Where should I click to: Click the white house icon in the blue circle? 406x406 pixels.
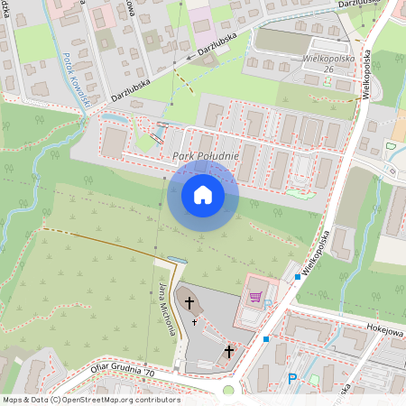pos(203,195)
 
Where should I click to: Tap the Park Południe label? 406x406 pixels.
pos(206,157)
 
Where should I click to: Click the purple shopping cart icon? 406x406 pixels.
pos(255,295)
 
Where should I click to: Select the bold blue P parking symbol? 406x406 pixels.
pos(291,379)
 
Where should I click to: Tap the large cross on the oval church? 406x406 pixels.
pos(189,301)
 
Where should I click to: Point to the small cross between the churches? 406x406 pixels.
pos(194,321)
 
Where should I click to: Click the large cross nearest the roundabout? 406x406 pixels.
pos(228,350)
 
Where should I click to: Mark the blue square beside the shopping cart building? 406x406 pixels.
pos(298,276)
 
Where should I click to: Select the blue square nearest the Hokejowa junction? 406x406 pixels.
pos(266,339)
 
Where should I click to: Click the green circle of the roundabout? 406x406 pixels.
pos(228,390)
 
